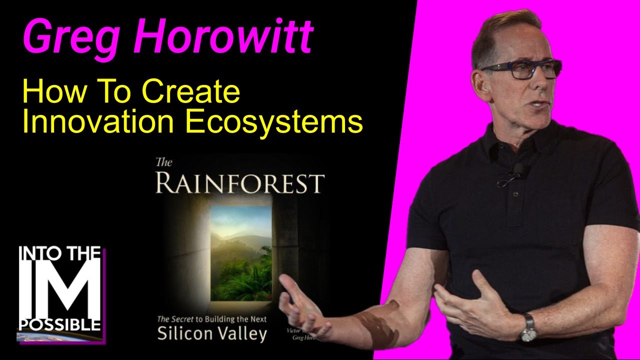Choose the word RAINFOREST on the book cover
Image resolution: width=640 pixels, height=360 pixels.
point(239,183)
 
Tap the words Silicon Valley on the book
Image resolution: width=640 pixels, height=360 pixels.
point(212,333)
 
